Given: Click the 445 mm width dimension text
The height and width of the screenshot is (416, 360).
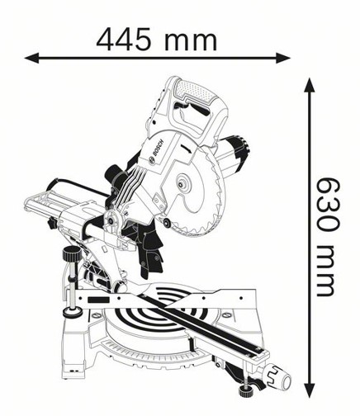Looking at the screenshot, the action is tap(157, 40).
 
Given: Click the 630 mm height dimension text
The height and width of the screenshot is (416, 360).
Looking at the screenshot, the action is tap(327, 237).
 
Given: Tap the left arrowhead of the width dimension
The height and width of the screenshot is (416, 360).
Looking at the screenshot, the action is tap(31, 58).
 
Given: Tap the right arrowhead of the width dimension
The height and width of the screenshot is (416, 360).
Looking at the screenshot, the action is tap(283, 58).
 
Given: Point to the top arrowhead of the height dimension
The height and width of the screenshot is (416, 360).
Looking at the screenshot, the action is tap(310, 85).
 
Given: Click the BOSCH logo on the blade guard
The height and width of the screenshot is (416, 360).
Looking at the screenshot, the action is tap(156, 152).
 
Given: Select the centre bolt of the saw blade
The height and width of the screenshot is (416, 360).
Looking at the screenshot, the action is tap(182, 184).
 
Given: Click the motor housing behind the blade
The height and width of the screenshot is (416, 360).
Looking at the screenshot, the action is tap(233, 156).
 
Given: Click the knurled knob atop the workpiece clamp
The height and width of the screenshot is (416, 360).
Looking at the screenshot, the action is tap(71, 256).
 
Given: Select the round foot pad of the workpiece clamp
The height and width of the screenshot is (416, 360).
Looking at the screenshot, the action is tap(73, 312).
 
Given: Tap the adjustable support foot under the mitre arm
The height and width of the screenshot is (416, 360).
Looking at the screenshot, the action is tap(246, 390).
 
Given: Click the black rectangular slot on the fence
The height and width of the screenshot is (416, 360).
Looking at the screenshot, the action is tap(97, 300).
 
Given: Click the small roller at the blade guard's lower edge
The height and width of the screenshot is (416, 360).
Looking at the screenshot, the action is tap(166, 223).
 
